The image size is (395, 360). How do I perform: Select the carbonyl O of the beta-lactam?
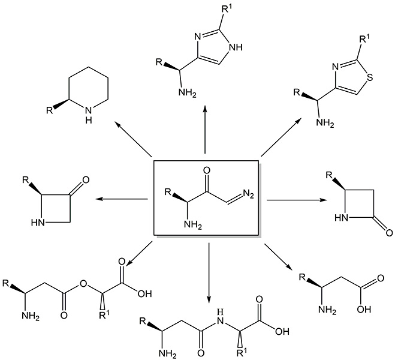click(x=388, y=229)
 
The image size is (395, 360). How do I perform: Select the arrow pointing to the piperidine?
click(x=132, y=139)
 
